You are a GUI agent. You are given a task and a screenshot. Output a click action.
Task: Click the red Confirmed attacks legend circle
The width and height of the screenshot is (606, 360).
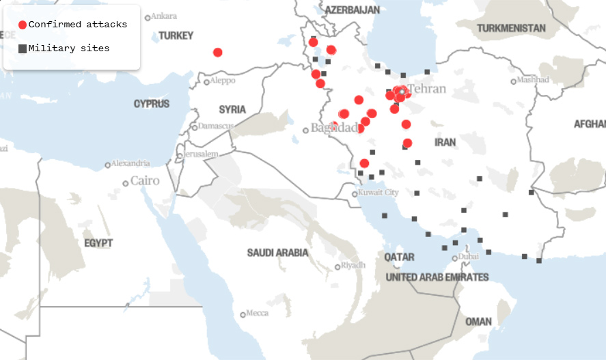(x=23, y=25)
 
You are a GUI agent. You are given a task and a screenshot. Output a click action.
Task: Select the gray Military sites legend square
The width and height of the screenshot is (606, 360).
(x=23, y=49)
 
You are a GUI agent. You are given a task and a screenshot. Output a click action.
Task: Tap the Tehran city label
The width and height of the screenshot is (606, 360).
(x=427, y=89)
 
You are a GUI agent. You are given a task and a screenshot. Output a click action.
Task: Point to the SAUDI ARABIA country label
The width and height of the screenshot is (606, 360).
(x=277, y=253)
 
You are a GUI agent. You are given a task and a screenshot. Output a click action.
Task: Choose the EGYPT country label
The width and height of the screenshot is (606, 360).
(x=98, y=243)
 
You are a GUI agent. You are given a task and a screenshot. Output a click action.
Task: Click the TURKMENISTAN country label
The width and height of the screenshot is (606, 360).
(x=511, y=28)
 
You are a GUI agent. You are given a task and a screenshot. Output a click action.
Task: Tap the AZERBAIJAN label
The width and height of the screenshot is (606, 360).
(x=352, y=10)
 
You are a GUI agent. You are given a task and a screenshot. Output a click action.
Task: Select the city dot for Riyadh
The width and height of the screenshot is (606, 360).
(x=338, y=267)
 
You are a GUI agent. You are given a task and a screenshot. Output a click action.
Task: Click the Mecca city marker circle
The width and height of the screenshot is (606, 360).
(x=243, y=315)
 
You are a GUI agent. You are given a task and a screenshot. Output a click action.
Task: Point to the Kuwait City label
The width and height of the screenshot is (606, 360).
(x=378, y=193)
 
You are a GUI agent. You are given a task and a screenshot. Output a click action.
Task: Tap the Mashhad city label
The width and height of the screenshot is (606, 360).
(x=533, y=80)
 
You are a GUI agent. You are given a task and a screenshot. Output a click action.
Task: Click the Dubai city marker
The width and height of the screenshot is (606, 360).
(x=454, y=258)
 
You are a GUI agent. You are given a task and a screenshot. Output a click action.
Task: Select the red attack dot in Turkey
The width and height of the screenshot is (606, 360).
(x=217, y=53)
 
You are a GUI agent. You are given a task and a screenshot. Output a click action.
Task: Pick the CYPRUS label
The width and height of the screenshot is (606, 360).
(x=152, y=104)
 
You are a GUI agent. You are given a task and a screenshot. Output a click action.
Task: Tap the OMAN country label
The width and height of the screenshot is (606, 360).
(x=478, y=321)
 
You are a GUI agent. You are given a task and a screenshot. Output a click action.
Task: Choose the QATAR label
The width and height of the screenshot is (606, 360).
(x=399, y=258)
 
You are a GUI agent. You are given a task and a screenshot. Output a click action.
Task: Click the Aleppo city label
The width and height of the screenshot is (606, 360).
(x=223, y=81)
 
